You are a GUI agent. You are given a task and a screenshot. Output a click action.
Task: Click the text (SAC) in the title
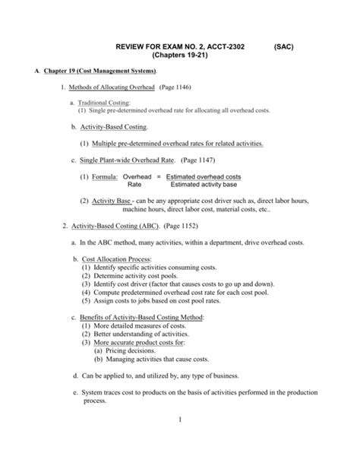283,46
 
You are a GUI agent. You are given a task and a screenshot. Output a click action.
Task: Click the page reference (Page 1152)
183,227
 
